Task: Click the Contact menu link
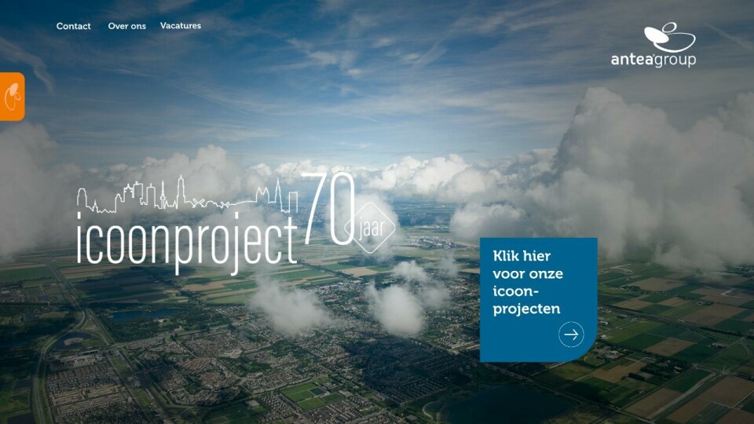[x=73, y=26]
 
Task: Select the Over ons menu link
[x=127, y=26]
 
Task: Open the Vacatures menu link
[x=181, y=25]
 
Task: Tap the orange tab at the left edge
[x=12, y=96]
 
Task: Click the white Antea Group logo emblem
[x=669, y=38]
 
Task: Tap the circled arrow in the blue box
[x=571, y=334]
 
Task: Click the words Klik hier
[x=522, y=256]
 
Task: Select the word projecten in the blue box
[x=526, y=309]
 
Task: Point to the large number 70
[x=328, y=209]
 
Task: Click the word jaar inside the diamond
[x=372, y=228]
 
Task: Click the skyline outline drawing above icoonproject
[x=187, y=196]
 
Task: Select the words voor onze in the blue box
[x=528, y=274]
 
